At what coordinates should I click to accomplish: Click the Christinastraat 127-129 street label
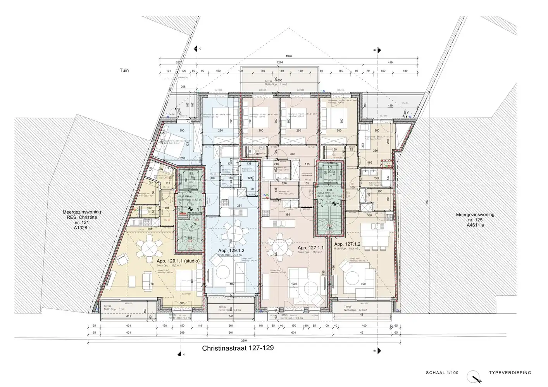[x=238, y=348]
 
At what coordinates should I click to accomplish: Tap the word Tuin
[x=124, y=70]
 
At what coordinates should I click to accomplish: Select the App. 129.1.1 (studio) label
[x=178, y=261]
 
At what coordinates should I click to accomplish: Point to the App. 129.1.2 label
[x=231, y=250]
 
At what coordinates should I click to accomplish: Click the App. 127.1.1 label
[x=310, y=248]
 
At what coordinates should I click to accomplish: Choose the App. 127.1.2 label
[x=348, y=244]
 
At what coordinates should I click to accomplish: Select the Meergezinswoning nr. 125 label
[x=469, y=219]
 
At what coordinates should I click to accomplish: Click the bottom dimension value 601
[x=294, y=332]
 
